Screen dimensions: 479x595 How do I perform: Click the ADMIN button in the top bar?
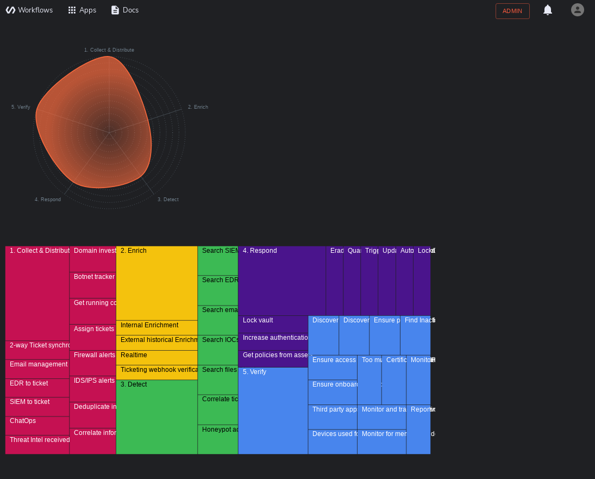coord(512,11)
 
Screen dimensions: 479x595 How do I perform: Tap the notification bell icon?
coord(548,10)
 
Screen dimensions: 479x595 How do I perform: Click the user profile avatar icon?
coord(578,10)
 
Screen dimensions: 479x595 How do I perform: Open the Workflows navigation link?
coord(29,10)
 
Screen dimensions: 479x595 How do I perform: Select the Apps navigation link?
coord(82,10)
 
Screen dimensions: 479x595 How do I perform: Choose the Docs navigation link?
coord(124,10)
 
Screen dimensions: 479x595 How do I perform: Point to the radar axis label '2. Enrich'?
coord(198,107)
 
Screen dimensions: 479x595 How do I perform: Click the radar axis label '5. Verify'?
coord(21,107)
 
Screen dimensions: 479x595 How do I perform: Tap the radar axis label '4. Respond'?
coord(48,200)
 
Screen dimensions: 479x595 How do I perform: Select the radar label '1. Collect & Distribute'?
coord(109,50)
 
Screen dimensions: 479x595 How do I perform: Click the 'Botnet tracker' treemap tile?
coord(93,285)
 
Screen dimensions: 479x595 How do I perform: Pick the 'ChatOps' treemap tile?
coord(37,426)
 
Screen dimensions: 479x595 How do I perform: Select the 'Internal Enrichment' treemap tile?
coord(156,328)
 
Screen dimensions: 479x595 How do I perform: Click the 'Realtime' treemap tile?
coord(156,357)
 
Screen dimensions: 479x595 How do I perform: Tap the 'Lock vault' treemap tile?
coord(273,324)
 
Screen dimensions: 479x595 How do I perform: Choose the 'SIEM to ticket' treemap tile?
coord(37,407)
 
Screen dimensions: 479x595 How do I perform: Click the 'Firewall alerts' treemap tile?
coord(93,363)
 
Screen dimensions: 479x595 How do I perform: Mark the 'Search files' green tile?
coord(218,380)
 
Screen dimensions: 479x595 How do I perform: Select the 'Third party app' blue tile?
coord(333,417)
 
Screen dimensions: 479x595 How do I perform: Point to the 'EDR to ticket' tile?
coord(37,388)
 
